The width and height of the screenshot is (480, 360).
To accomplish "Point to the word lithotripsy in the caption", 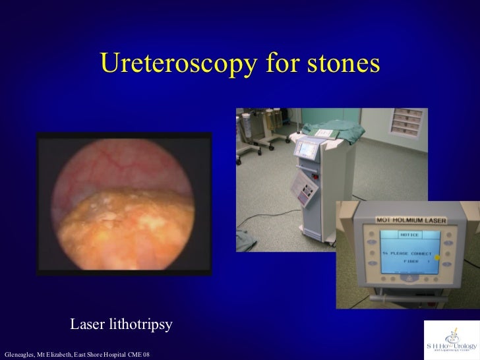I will (142, 325).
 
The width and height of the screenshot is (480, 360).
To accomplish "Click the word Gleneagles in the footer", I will (19, 355).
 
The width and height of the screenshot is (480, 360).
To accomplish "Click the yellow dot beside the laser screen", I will (436, 255).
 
